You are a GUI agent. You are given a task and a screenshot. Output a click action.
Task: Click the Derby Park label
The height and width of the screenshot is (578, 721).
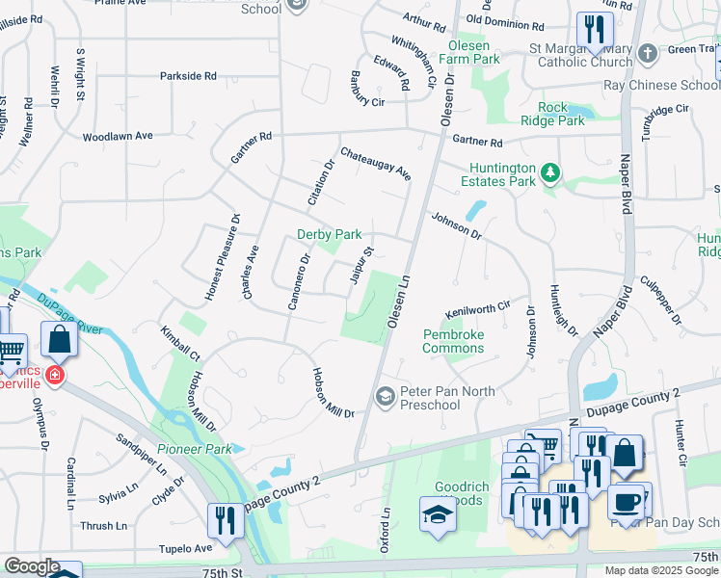tap(329, 234)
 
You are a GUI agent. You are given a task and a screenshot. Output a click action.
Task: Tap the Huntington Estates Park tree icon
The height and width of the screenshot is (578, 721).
tap(549, 172)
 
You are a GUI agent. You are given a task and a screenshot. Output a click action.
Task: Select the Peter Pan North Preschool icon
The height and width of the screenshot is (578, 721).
tap(385, 397)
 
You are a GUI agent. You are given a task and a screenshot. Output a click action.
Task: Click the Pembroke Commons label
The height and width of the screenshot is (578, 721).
tap(453, 341)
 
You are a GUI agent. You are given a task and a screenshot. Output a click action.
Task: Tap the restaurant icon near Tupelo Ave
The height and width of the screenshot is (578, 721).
tap(226, 521)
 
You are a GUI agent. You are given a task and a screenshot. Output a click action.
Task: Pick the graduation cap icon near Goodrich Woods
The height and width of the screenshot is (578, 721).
tap(438, 513)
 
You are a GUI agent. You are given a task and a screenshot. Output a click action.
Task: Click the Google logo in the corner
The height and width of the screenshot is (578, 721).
tap(31, 566)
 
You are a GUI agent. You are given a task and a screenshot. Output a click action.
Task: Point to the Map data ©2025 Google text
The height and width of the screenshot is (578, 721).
tap(661, 569)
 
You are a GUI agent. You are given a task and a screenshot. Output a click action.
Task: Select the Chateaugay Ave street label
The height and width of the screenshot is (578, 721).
tap(376, 164)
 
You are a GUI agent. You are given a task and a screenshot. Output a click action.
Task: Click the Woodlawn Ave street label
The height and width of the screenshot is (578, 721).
tap(118, 137)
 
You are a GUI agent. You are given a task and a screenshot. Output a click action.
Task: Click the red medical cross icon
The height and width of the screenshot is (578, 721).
tap(54, 374)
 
